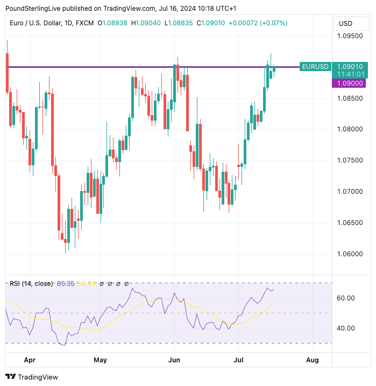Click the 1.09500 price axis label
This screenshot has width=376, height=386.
[x=350, y=37]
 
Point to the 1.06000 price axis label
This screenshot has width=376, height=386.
[x=350, y=254]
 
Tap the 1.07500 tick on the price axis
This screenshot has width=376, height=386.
[x=350, y=160]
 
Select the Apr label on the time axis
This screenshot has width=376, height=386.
[x=30, y=359]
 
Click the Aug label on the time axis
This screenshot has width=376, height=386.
[x=312, y=359]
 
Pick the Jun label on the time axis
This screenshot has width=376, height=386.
[x=174, y=359]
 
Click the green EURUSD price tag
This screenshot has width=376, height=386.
[x=315, y=67]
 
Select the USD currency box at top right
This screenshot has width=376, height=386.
[x=345, y=23]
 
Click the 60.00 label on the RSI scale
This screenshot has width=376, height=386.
[x=345, y=298]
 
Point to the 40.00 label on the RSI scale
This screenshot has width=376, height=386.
[x=345, y=328]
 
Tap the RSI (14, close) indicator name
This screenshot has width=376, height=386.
[x=31, y=283]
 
